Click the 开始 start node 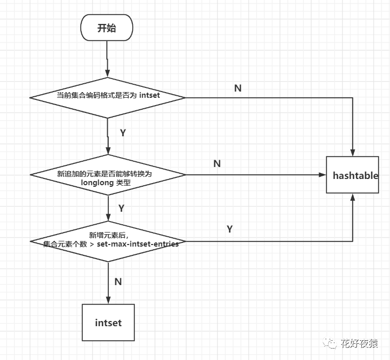(x=107, y=28)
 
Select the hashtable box (x=355, y=175)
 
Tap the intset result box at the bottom (x=108, y=323)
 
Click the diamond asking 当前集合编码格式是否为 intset (x=108, y=97)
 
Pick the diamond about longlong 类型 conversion (x=108, y=175)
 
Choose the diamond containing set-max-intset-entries (x=108, y=241)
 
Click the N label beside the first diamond (x=238, y=88)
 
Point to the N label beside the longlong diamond (x=217, y=164)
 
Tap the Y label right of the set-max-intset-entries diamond (x=230, y=229)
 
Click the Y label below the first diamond (x=123, y=133)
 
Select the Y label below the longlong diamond (x=121, y=208)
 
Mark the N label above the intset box (x=118, y=281)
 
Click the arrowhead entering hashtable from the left (x=322, y=175)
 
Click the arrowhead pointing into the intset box (x=108, y=300)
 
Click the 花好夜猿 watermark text (x=359, y=343)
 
